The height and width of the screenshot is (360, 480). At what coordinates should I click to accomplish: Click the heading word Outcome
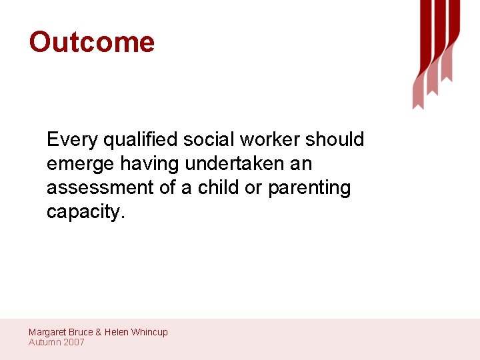tap(91, 42)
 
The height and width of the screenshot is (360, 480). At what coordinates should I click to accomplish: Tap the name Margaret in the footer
tap(47, 332)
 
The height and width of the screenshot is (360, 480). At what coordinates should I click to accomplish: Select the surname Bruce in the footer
tap(81, 332)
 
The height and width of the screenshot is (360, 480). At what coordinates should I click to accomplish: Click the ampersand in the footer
tap(99, 332)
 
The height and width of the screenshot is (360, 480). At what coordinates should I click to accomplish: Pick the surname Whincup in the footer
tap(149, 332)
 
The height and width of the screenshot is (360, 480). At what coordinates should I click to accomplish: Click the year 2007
tap(74, 342)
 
